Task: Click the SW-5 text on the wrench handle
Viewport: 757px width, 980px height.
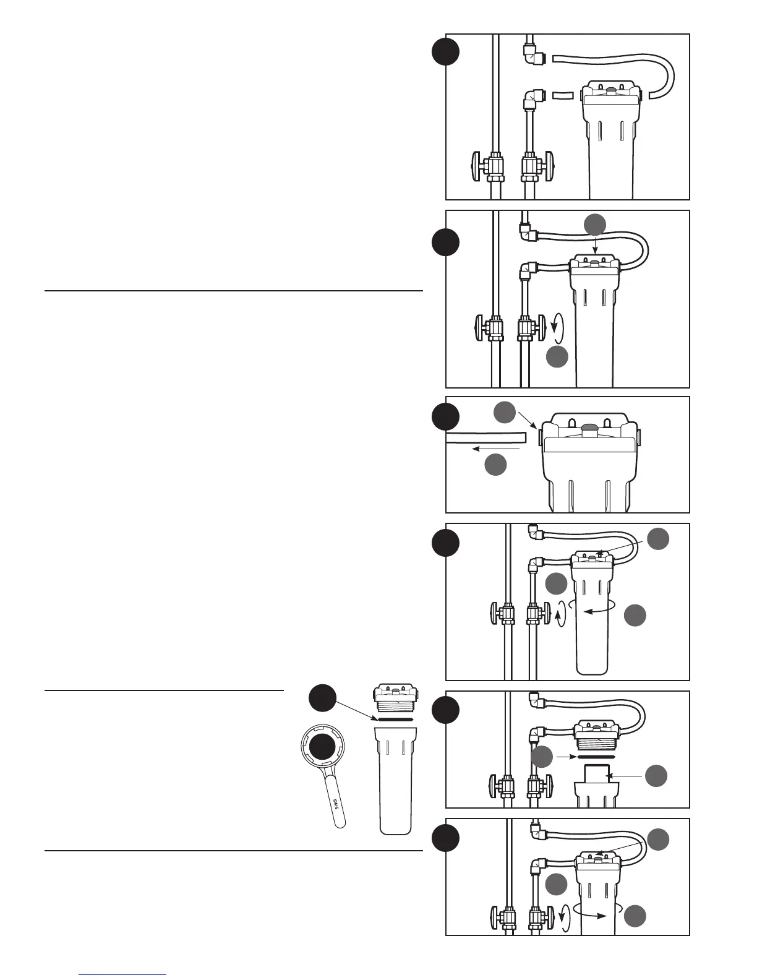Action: pyautogui.click(x=336, y=804)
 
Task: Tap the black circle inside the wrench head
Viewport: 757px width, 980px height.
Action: pyautogui.click(x=323, y=748)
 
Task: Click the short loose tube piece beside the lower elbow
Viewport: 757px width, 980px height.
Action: pyautogui.click(x=563, y=96)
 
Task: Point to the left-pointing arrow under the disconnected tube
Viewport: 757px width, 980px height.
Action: pyautogui.click(x=495, y=448)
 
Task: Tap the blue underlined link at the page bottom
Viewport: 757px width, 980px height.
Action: pyautogui.click(x=123, y=974)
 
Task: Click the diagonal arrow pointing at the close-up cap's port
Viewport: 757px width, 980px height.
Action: pyautogui.click(x=526, y=421)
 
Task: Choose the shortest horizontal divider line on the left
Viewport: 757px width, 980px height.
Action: pyautogui.click(x=164, y=689)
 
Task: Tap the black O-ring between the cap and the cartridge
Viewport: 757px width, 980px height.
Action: pyautogui.click(x=594, y=756)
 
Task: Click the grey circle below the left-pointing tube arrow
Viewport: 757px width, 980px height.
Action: pyautogui.click(x=495, y=465)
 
